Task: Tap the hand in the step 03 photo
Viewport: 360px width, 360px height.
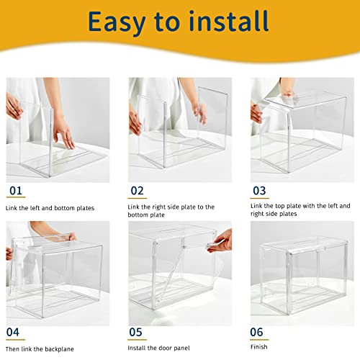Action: [x=257, y=112]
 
